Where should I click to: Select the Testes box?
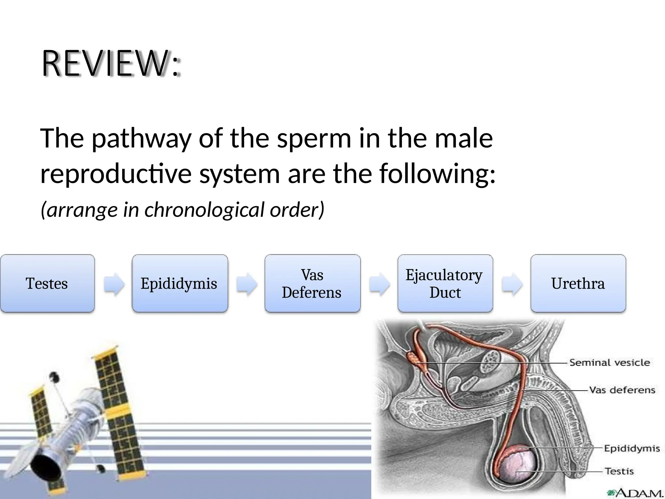coord(47,284)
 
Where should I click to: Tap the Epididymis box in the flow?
coord(180,284)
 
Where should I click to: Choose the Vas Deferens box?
coord(312,284)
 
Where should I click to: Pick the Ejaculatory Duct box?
coord(445,284)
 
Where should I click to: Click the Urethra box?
coord(578,284)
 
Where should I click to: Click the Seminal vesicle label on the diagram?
coord(609,363)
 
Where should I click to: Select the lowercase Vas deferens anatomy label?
coord(622,390)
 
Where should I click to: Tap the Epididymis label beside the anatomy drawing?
coord(632,449)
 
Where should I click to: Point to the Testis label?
coord(619,471)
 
